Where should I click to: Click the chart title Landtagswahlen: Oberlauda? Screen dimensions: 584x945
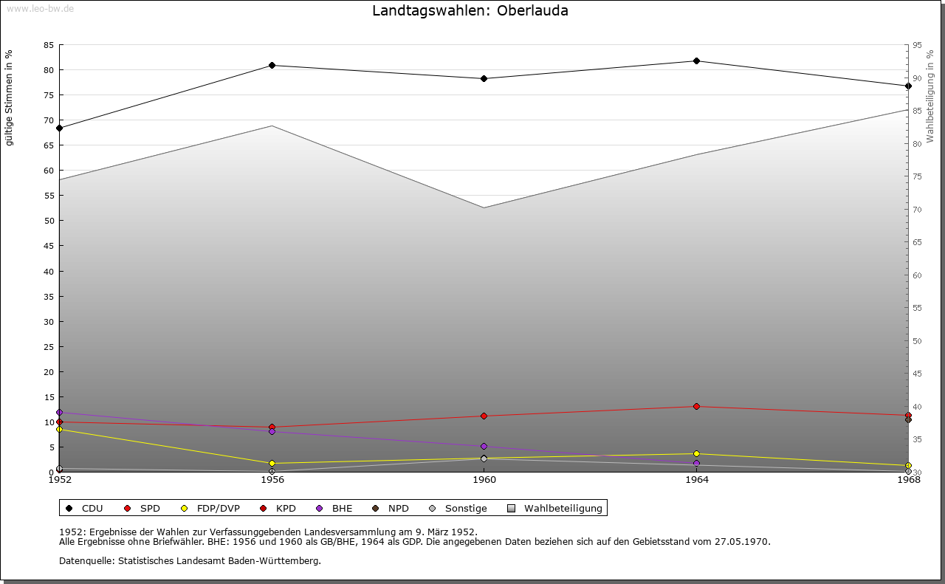coord(470,11)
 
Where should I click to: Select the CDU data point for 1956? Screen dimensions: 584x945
coord(272,66)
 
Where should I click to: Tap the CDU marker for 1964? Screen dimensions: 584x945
coord(696,61)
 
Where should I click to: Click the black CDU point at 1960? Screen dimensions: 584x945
coord(484,78)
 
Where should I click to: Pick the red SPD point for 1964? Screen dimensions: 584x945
coord(696,406)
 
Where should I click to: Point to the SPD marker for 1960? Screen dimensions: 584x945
coord(484,416)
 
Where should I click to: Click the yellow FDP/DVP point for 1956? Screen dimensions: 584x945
coord(272,464)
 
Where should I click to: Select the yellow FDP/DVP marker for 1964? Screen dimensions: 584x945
coord(696,453)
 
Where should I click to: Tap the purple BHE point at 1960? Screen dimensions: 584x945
coord(484,446)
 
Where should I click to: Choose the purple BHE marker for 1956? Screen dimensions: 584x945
coord(272,431)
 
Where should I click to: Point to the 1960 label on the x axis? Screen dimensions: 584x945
coord(484,480)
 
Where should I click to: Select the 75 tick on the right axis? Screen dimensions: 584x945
coord(917,176)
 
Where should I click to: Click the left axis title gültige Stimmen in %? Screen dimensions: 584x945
coord(10,97)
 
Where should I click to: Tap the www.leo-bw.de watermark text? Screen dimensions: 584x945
coord(39,7)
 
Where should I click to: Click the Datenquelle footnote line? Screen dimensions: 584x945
coord(190,561)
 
